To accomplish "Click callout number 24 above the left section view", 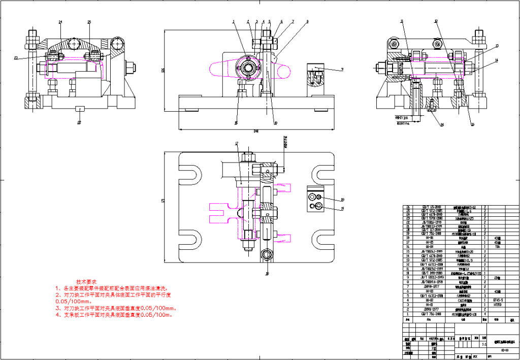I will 60,22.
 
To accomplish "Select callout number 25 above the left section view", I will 89,22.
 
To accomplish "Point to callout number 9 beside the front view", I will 342,69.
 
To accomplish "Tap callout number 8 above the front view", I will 307,22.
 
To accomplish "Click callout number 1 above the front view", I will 234,22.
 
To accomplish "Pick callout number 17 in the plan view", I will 237,144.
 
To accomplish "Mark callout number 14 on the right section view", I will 497,60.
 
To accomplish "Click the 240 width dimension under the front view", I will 256,132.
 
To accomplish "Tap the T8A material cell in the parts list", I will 498,246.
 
